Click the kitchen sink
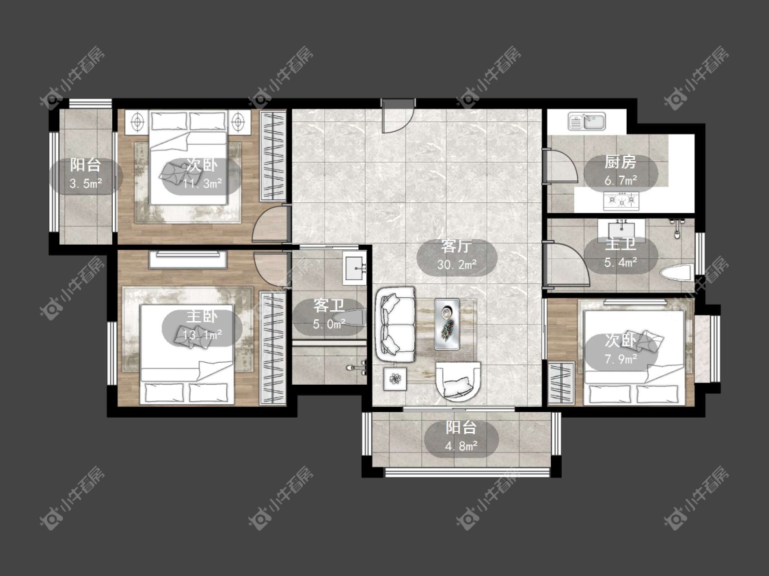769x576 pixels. pyautogui.click(x=587, y=121)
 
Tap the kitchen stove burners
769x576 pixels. pyautogui.click(x=621, y=200)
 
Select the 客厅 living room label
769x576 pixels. pyautogui.click(x=457, y=245)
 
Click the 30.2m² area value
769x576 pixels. pyautogui.click(x=457, y=264)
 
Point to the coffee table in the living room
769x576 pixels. pyautogui.click(x=447, y=324)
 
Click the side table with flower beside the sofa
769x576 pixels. pyautogui.click(x=395, y=379)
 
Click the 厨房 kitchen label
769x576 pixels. pyautogui.click(x=621, y=161)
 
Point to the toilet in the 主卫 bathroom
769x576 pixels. pyautogui.click(x=676, y=273)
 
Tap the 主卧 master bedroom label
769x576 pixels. pyautogui.click(x=202, y=316)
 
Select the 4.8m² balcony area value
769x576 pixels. pyautogui.click(x=461, y=446)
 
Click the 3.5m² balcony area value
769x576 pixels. pyautogui.click(x=86, y=184)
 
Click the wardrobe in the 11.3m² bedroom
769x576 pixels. pyautogui.click(x=273, y=156)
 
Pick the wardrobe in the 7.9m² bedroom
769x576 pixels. pyautogui.click(x=561, y=383)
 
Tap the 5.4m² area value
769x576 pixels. pyautogui.click(x=621, y=262)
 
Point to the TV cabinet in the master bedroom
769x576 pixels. pyautogui.click(x=188, y=260)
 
